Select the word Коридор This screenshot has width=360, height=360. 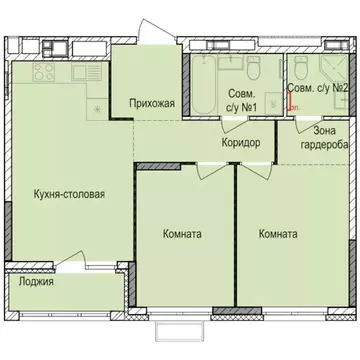(x=241, y=143)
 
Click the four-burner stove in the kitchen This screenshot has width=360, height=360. (x=44, y=73)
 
